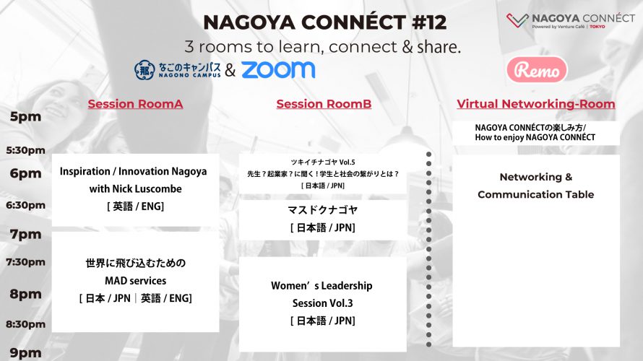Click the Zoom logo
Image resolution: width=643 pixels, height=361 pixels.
[x=278, y=69]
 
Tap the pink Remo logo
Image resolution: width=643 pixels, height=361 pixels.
[x=537, y=69]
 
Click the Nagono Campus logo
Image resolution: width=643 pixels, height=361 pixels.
[x=178, y=69]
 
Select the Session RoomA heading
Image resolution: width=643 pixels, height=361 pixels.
[x=135, y=104]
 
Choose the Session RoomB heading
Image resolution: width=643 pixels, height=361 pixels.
[x=324, y=104]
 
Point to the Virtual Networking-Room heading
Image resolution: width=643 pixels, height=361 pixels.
[x=536, y=104]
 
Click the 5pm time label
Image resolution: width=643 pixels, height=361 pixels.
[x=25, y=117]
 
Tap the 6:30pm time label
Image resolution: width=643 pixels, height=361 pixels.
[x=25, y=205]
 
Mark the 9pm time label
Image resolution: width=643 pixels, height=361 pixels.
[x=25, y=353]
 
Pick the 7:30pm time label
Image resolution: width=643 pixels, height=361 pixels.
[x=25, y=262]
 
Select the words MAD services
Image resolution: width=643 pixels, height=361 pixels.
[x=135, y=281]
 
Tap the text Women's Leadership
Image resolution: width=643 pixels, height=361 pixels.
[x=321, y=286]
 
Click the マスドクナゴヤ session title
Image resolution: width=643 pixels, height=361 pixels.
[x=323, y=210]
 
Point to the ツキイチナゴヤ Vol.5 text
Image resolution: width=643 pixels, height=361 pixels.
[x=323, y=162]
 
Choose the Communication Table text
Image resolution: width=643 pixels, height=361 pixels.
[x=536, y=195]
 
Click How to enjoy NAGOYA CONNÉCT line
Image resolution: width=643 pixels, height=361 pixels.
[x=535, y=137]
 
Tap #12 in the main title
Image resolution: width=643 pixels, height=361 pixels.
[x=429, y=22]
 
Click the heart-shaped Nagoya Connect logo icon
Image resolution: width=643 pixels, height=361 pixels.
[x=517, y=20]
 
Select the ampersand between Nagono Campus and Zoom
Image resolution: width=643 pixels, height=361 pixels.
[x=230, y=70]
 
